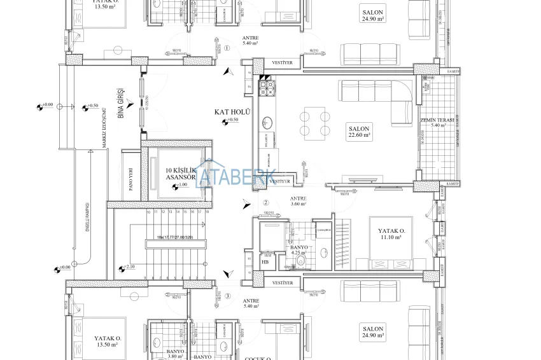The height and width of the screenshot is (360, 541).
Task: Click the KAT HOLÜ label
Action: [x=232, y=112]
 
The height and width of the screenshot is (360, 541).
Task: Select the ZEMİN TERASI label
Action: [x=436, y=122]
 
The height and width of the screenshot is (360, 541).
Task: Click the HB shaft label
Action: [x=265, y=261]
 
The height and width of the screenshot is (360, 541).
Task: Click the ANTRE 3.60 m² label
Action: [x=298, y=200]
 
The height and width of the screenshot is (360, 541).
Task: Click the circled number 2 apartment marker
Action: [x=265, y=203]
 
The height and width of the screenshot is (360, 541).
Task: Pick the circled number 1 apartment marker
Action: [x=226, y=48]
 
